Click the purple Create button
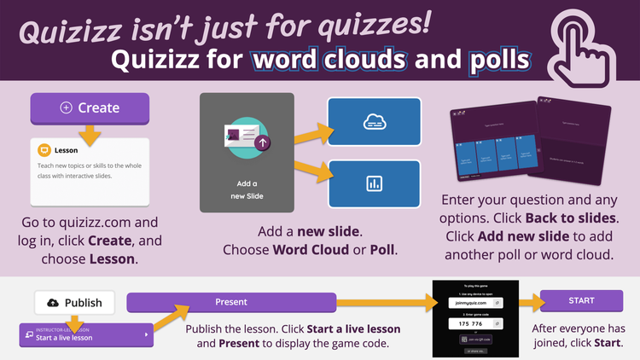pyautogui.click(x=90, y=108)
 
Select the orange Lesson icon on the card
pyautogui.click(x=44, y=150)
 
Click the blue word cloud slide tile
pyautogui.click(x=375, y=122)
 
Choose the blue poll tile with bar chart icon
pyautogui.click(x=375, y=183)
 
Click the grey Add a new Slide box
pyautogui.click(x=247, y=153)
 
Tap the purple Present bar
pyautogui.click(x=230, y=301)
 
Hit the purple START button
pyautogui.click(x=582, y=300)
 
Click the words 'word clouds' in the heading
pyautogui.click(x=329, y=61)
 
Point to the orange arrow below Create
pyautogui.click(x=89, y=134)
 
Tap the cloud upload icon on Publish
pyautogui.click(x=53, y=302)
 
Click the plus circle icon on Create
pyautogui.click(x=66, y=108)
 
